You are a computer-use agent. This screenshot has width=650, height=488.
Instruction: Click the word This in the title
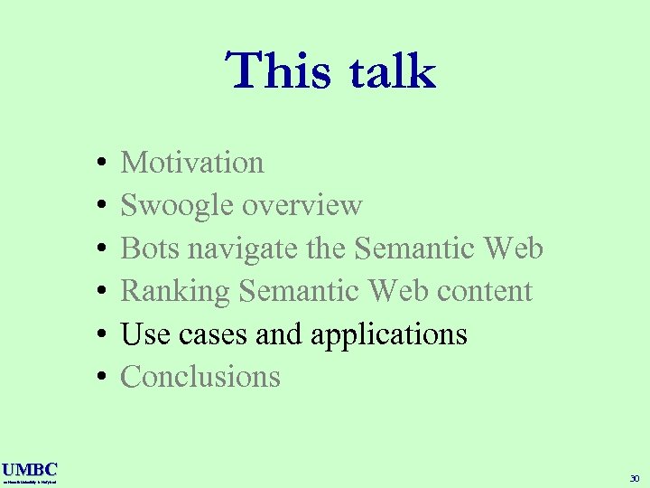click(x=277, y=71)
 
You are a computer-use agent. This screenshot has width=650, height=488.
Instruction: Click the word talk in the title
click(x=388, y=71)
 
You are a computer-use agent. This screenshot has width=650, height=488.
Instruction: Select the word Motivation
click(x=192, y=163)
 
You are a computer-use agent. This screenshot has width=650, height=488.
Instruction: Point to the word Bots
click(x=147, y=249)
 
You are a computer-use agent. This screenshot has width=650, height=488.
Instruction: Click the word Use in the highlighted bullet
click(x=145, y=334)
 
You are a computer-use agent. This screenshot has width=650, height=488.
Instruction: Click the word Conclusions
click(x=200, y=377)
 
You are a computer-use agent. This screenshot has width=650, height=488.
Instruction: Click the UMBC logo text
click(x=29, y=469)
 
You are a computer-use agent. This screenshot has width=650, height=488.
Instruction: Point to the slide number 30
click(x=635, y=478)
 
